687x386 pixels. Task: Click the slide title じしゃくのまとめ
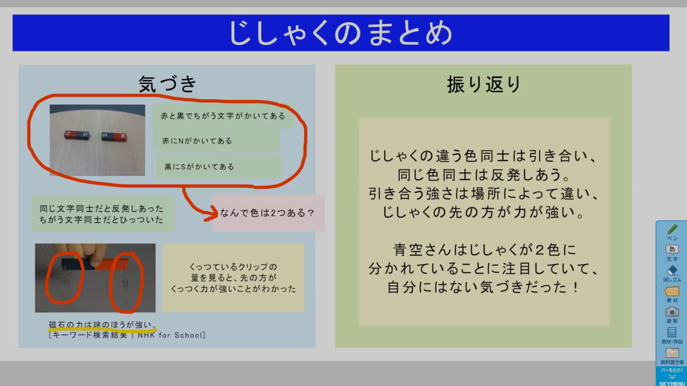(x=341, y=33)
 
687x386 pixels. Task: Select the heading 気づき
(x=167, y=84)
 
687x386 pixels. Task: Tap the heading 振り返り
(x=483, y=84)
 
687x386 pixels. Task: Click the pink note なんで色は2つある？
(x=268, y=213)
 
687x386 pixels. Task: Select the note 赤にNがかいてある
(x=216, y=141)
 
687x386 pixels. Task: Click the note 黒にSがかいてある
(x=219, y=167)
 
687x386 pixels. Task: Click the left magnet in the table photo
(x=77, y=135)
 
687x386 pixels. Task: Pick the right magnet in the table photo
(x=114, y=137)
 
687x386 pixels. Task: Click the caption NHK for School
(x=171, y=335)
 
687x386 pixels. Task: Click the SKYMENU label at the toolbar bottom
(x=672, y=383)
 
